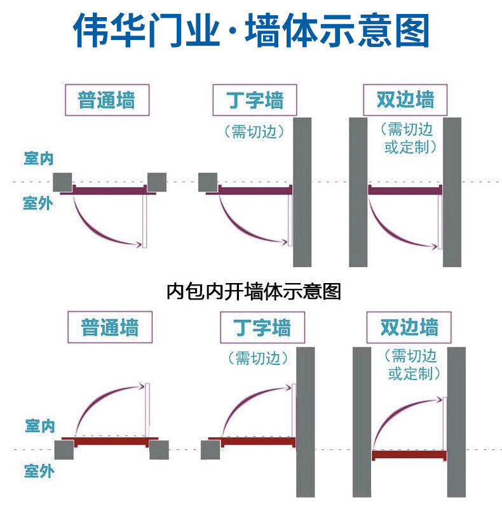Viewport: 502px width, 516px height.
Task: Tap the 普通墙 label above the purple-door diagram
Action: (106, 100)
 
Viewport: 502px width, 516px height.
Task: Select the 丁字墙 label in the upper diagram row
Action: (255, 100)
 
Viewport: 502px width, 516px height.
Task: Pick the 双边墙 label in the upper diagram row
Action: (405, 100)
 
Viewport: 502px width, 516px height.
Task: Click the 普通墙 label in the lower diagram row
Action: (109, 327)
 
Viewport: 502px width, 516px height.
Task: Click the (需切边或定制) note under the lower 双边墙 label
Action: (414, 364)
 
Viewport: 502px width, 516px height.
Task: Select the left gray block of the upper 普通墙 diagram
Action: (62, 182)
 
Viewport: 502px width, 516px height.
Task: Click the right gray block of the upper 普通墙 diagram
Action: (156, 182)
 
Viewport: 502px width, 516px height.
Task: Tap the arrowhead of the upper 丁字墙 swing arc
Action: (284, 241)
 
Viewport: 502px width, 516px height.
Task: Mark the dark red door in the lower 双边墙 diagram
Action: (409, 454)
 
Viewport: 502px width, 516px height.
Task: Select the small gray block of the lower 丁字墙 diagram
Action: (210, 449)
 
